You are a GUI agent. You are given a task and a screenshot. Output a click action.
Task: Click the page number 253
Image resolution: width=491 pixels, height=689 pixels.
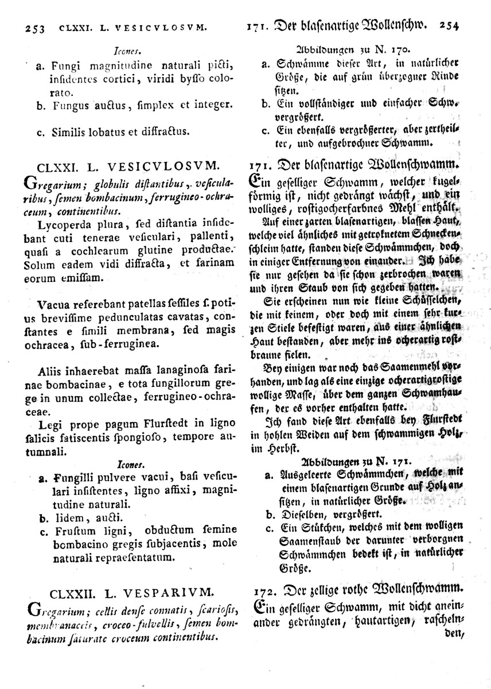click(33, 27)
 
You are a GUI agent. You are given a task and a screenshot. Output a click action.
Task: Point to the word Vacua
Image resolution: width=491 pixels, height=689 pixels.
click(54, 304)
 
